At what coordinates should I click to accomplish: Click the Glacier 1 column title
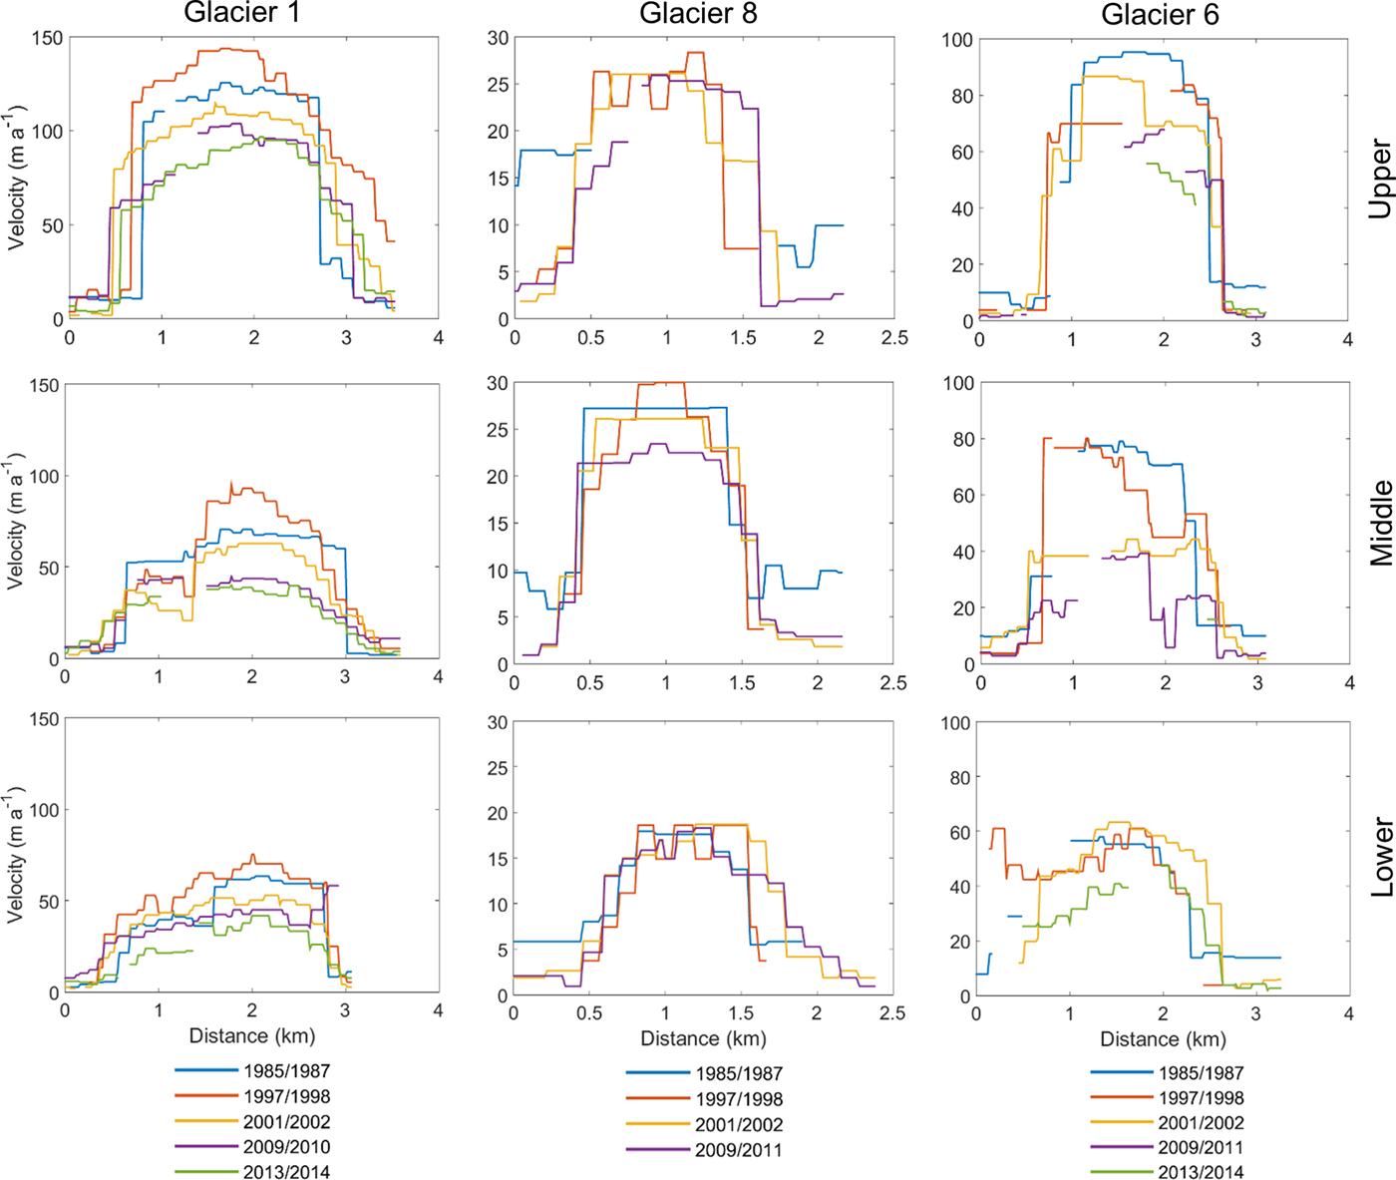(x=241, y=13)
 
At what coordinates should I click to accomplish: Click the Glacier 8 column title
(x=698, y=13)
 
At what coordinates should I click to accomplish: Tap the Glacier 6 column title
(x=1160, y=14)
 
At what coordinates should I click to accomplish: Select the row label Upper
(x=1380, y=180)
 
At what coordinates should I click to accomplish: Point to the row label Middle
(x=1380, y=524)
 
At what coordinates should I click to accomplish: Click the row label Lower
(x=1380, y=858)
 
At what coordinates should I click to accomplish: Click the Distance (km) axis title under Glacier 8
(x=703, y=1039)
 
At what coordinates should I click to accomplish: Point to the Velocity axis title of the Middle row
(x=15, y=522)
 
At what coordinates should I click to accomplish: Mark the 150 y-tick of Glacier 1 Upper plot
(x=47, y=38)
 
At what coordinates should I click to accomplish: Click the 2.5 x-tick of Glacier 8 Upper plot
(x=894, y=338)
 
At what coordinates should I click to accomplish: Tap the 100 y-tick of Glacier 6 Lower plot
(x=955, y=723)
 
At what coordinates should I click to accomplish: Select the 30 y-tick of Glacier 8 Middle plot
(x=497, y=384)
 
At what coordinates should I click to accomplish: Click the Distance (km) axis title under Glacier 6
(x=1163, y=1039)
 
